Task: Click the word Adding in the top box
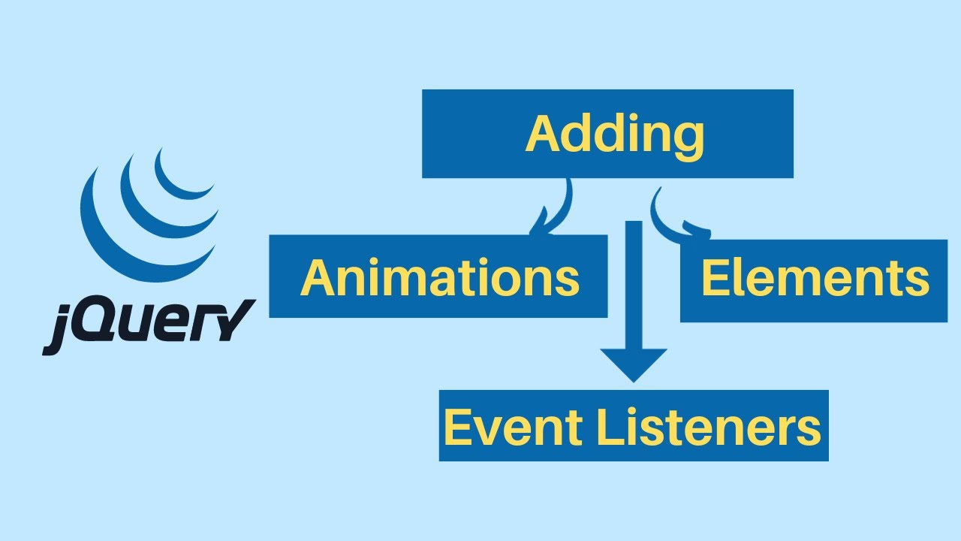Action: (614, 135)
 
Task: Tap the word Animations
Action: (439, 277)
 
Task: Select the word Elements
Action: (815, 280)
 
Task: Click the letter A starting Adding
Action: (542, 135)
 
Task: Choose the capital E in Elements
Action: (715, 280)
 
